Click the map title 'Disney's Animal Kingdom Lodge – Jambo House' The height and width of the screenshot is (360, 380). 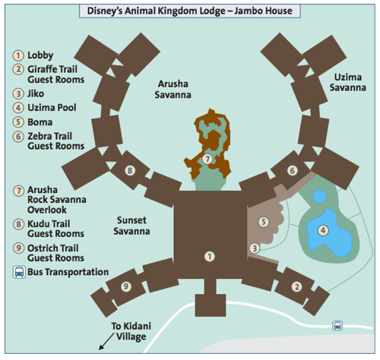point(189,11)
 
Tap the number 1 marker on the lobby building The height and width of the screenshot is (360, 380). point(210,257)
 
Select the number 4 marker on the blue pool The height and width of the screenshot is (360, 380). point(323,230)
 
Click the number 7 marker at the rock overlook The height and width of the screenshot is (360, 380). point(207,159)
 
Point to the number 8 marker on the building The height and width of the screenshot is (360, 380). point(130,170)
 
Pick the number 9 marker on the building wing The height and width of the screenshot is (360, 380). point(126,286)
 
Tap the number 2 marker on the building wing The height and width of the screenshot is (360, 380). point(296,287)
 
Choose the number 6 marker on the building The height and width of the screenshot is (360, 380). point(293,170)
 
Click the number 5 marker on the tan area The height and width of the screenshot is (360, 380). point(264,222)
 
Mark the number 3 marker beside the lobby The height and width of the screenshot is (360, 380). point(255,248)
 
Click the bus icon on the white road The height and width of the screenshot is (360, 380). point(337,326)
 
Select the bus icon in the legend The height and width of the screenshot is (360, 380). point(19,272)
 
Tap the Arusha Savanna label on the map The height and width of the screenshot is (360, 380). point(173,90)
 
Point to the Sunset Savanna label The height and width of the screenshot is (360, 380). point(131,226)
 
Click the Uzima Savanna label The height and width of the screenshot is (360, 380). point(348,82)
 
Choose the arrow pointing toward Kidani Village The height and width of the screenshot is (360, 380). point(106,342)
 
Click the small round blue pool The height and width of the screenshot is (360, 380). point(319,197)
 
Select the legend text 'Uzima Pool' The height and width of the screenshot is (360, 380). point(52,108)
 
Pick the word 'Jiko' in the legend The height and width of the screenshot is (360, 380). point(36,93)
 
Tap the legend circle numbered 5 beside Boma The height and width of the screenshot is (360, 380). point(18,122)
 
